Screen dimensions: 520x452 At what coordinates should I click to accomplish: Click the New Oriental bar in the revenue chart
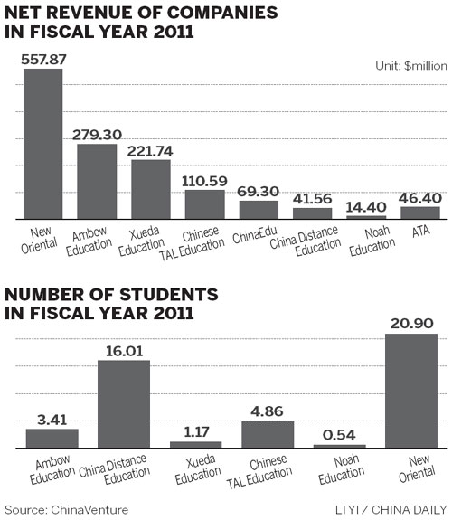point(42,144)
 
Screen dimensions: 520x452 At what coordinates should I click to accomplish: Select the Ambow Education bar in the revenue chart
point(97,181)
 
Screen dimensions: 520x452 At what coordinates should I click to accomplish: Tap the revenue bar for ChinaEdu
point(259,210)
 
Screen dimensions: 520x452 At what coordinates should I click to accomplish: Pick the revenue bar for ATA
point(420,213)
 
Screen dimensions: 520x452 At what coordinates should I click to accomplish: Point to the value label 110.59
point(204,180)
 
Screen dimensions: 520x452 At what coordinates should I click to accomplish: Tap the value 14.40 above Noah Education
point(366,206)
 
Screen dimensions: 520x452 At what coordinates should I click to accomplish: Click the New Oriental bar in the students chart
point(411,391)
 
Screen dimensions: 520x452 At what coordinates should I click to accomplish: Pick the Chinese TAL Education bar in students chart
point(268,434)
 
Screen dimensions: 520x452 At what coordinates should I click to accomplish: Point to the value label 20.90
point(411,324)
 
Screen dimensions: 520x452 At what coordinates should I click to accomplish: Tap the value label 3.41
point(52,419)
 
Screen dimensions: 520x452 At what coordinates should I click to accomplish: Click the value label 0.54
point(339,435)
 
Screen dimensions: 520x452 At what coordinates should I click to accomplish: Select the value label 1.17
point(195,431)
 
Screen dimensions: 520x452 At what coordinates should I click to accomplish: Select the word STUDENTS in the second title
point(156,296)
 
